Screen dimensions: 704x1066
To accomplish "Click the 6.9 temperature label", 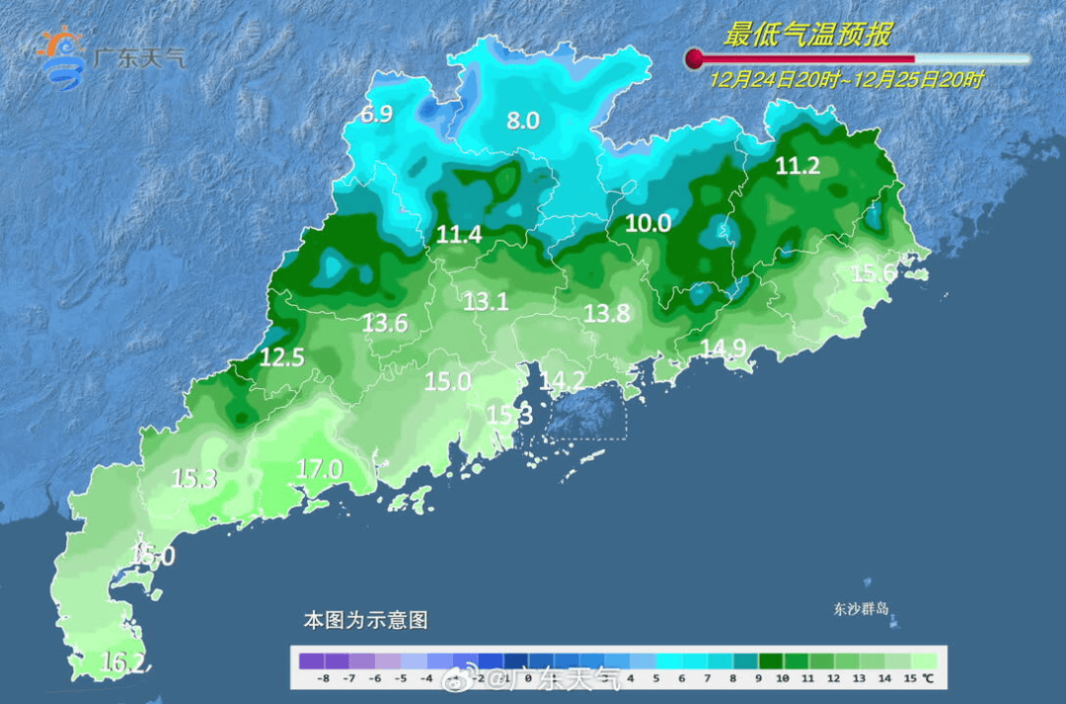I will (376, 115).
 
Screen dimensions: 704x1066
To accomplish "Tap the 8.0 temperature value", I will (523, 120).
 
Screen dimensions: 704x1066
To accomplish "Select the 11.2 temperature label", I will (798, 166).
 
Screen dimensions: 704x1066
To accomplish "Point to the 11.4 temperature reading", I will (459, 235).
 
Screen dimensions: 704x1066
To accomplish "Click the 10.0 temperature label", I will (648, 224).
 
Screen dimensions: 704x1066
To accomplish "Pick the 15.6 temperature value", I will (874, 274).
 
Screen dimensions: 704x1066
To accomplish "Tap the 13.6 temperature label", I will (384, 322).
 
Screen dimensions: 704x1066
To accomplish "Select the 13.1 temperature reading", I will (486, 302).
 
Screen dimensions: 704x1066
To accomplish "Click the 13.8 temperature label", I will (606, 313).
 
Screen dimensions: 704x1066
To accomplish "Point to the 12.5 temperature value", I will (281, 357).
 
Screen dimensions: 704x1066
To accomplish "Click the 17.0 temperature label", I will (320, 469).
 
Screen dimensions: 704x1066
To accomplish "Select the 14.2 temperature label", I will (563, 380).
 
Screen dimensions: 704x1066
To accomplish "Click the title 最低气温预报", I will (807, 36).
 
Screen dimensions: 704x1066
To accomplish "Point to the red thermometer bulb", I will (694, 58).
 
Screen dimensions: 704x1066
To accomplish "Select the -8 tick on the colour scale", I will (323, 679).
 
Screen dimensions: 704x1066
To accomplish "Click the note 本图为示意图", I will (365, 621).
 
